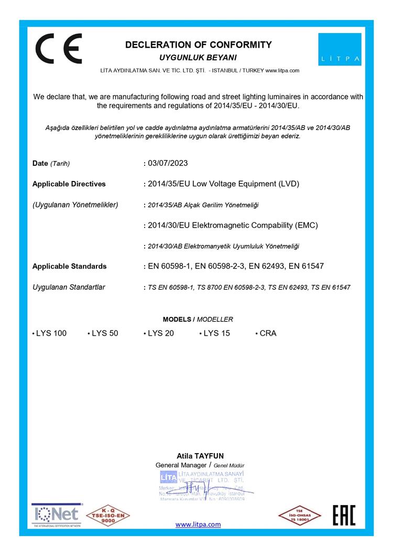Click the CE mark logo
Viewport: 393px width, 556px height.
click(x=59, y=48)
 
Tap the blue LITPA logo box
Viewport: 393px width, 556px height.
click(x=340, y=49)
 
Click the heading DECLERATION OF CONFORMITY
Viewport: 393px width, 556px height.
click(x=198, y=45)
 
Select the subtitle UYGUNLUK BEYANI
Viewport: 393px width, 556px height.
click(x=198, y=57)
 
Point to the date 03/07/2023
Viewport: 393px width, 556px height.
click(x=168, y=163)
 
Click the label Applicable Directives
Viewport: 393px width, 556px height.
click(x=69, y=184)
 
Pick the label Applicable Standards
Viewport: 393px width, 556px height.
click(x=70, y=266)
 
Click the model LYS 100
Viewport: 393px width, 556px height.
click(x=51, y=333)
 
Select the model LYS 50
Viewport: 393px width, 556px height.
click(x=105, y=333)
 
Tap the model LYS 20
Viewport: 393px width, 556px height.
click(x=160, y=333)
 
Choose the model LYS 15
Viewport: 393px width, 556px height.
click(x=216, y=333)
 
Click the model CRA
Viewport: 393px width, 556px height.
click(x=268, y=333)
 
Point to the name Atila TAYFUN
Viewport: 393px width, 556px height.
click(x=197, y=456)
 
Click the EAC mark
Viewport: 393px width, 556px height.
click(x=344, y=515)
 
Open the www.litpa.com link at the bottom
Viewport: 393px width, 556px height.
click(x=198, y=525)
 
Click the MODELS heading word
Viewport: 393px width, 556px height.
click(x=178, y=319)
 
